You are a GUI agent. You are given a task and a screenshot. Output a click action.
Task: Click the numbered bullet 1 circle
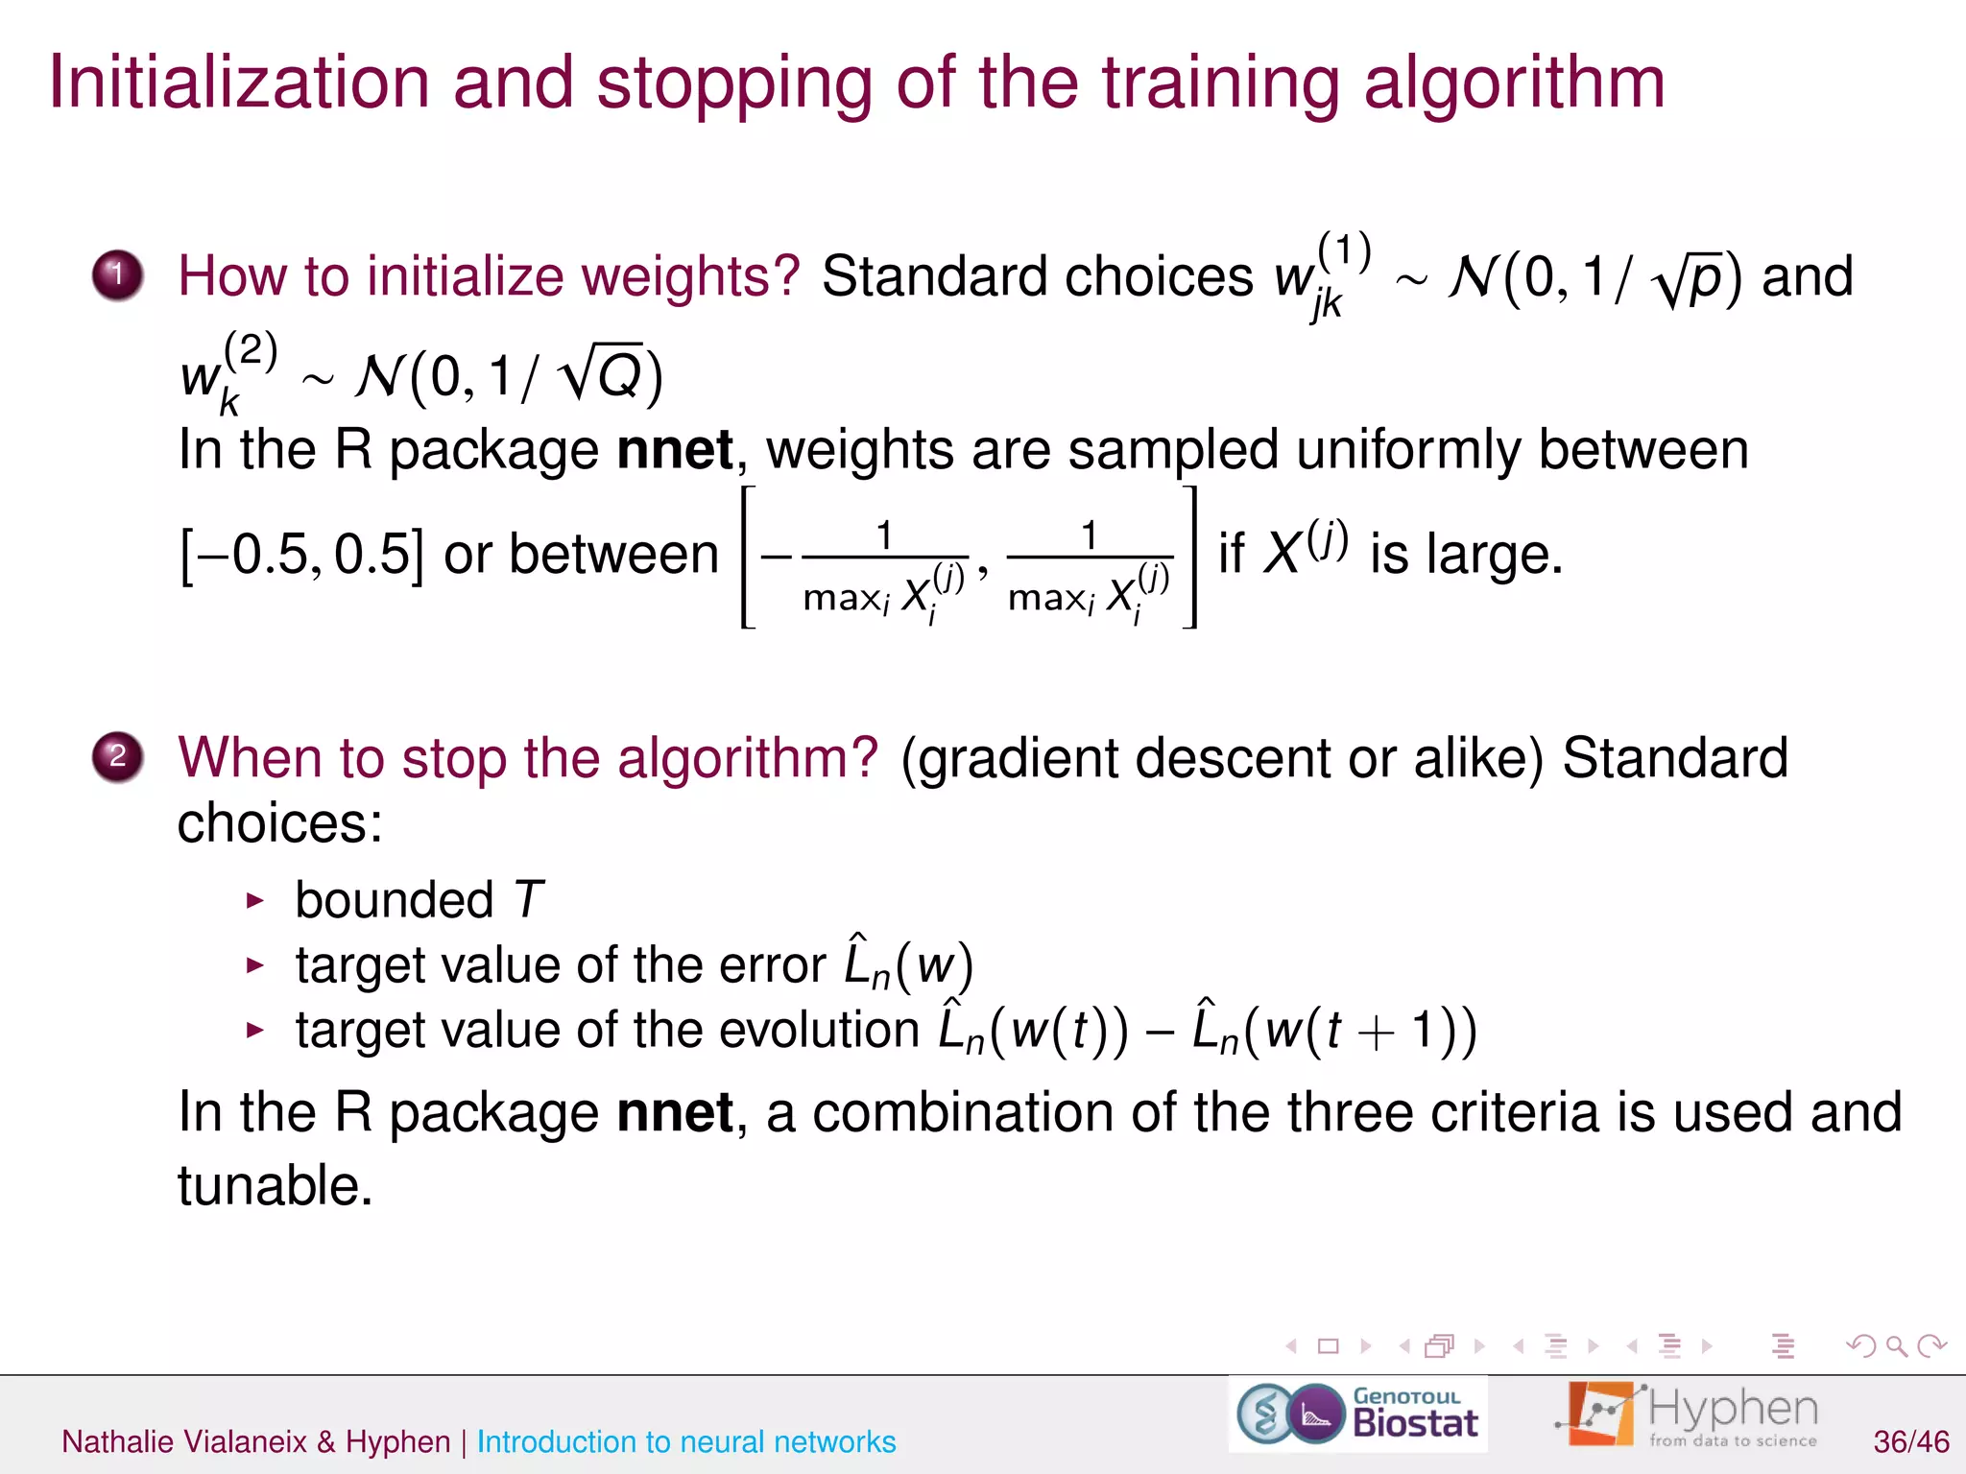(118, 275)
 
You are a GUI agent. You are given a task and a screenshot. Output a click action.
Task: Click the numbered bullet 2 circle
(118, 757)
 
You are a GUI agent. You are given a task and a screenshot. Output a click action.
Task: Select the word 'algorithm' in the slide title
(1514, 84)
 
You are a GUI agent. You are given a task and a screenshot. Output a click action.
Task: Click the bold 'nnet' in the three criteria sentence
(675, 1112)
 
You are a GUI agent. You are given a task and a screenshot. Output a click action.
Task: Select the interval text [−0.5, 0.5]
(301, 554)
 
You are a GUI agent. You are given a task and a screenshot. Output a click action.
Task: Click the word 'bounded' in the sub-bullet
(394, 900)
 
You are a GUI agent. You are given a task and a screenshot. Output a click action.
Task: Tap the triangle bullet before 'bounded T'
(254, 900)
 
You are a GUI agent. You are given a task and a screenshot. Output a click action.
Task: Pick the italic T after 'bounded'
(528, 900)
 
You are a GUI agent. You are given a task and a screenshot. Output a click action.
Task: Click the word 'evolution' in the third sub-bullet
(819, 1030)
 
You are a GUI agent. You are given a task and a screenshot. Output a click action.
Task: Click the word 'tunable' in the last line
(274, 1185)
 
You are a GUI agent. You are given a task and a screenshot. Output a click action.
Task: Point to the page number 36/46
(1910, 1441)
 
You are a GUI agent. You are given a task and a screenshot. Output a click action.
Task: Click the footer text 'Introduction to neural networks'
(686, 1441)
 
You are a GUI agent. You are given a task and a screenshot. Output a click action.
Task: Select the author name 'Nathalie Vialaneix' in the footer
(184, 1441)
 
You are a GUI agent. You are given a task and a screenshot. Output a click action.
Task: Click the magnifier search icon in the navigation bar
(1896, 1346)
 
